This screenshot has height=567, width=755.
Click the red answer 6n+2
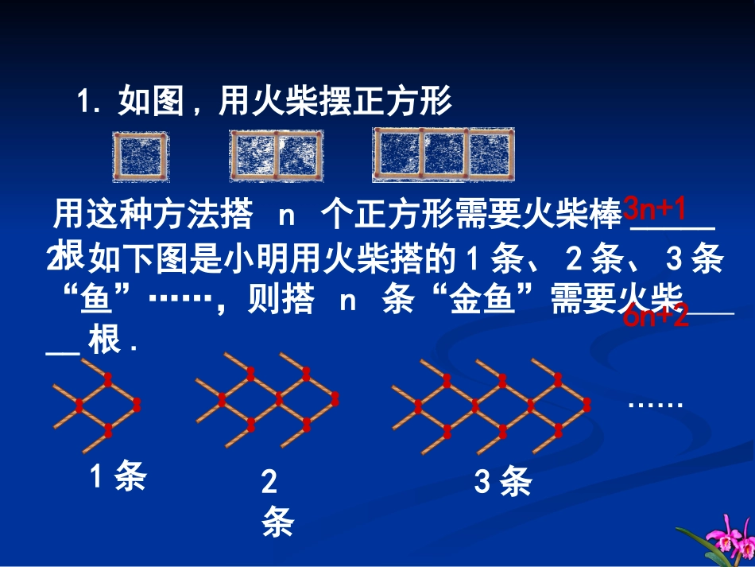coord(656,318)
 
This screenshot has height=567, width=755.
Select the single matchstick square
coord(141,157)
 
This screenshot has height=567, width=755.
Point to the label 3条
coord(502,482)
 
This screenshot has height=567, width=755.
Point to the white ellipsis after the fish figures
coord(656,404)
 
